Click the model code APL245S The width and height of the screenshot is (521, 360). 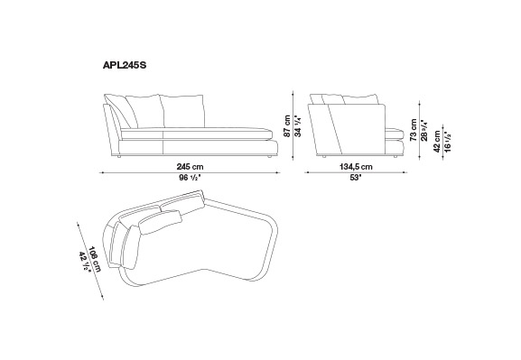(125, 66)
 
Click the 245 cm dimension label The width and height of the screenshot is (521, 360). (190, 167)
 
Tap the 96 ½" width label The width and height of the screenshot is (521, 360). (190, 178)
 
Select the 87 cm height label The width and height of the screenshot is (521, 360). (287, 126)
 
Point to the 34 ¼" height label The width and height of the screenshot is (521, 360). (298, 126)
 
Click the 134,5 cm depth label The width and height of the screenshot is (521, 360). (356, 167)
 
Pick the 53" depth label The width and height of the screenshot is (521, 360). (356, 178)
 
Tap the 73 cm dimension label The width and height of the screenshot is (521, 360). (414, 130)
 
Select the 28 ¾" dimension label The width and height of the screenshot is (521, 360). (424, 130)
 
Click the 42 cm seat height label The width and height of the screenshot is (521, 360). (437, 141)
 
